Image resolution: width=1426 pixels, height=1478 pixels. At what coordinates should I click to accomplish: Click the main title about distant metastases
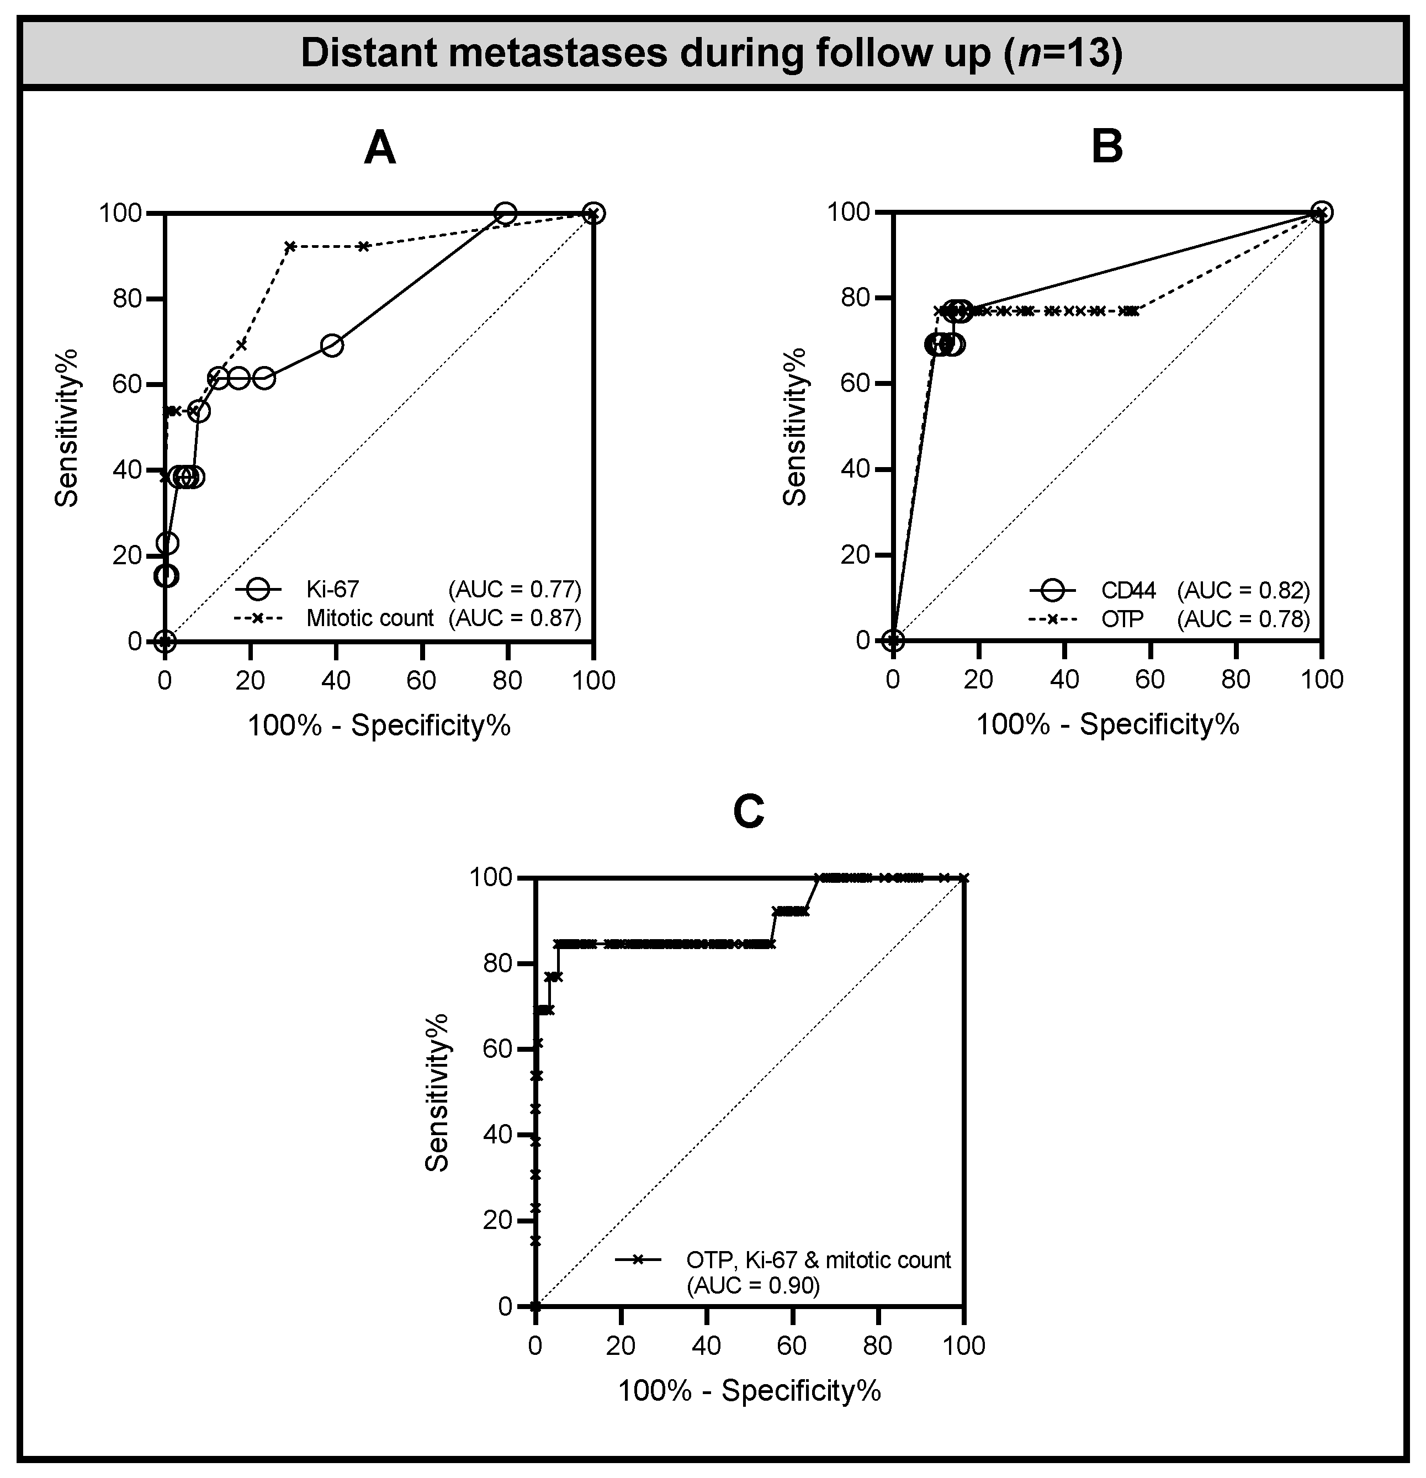[712, 54]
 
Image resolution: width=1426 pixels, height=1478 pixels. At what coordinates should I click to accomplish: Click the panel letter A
[379, 149]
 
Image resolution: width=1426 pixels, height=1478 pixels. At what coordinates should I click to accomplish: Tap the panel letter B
[1107, 147]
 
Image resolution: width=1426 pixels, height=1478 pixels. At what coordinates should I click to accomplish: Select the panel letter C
[749, 812]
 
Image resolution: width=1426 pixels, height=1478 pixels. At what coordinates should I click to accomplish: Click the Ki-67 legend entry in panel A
[332, 588]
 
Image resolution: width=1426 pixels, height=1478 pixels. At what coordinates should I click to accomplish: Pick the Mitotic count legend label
[369, 618]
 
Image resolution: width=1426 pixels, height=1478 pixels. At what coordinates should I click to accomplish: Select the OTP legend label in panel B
[1122, 619]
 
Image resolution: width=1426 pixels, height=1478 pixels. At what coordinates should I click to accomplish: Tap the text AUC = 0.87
[515, 618]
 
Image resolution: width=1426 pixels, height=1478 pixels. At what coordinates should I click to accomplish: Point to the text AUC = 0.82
[1243, 590]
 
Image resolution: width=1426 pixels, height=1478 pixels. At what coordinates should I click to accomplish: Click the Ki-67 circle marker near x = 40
[332, 346]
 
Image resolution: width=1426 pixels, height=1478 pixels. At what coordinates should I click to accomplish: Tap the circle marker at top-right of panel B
[1321, 213]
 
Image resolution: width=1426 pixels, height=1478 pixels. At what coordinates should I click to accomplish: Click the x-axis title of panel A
[379, 725]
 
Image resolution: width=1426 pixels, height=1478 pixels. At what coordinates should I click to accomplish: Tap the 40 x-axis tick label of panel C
[706, 1346]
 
